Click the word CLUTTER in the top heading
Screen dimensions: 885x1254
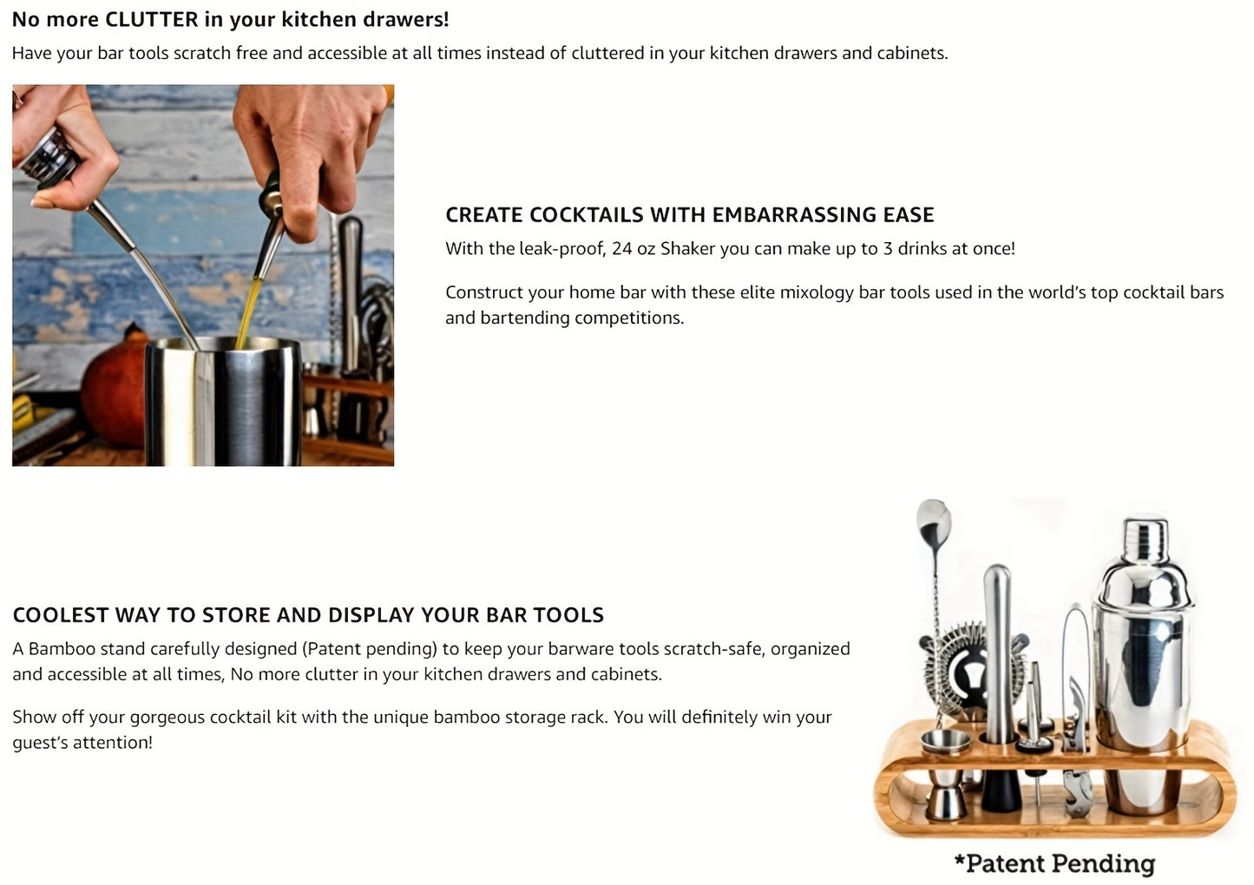[x=151, y=19]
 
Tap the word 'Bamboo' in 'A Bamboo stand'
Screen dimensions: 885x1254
[x=62, y=649]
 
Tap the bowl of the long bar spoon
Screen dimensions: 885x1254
[x=933, y=519]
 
